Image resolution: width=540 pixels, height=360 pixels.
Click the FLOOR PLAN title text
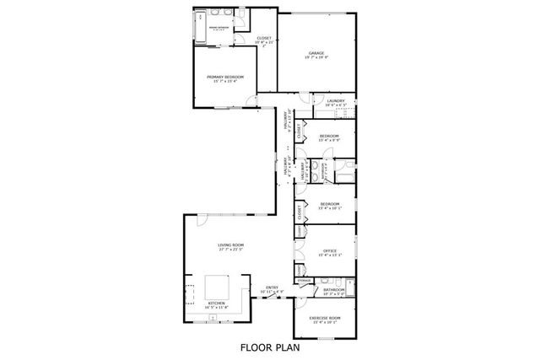pos(269,346)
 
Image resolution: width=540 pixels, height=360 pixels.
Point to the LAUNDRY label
pos(335,99)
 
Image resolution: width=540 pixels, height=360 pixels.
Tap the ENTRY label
pos(273,287)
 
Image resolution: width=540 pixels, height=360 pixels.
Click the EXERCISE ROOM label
pos(326,318)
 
